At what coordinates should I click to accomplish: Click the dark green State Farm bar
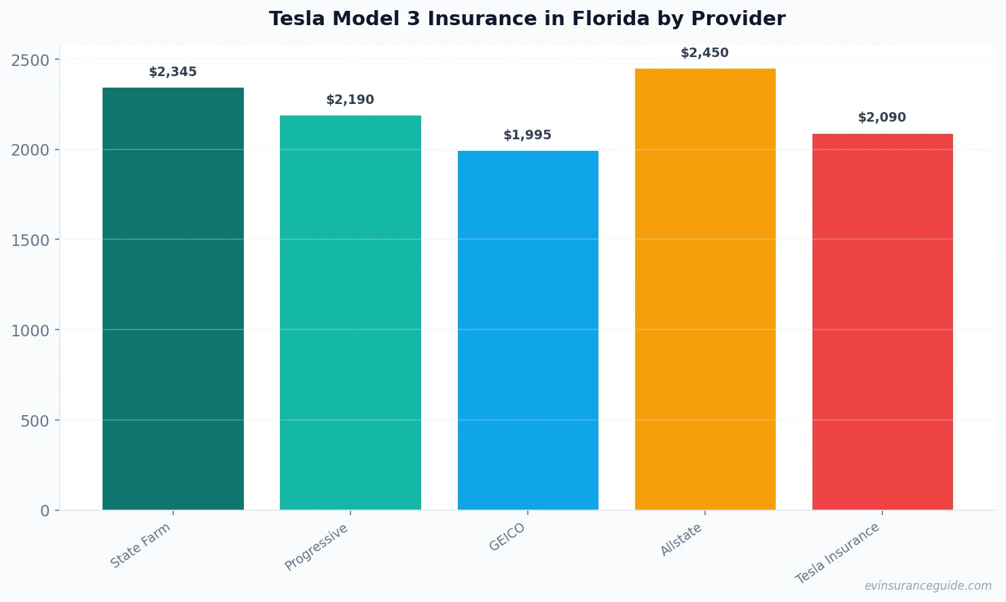pos(173,299)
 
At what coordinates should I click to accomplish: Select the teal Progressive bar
pos(350,313)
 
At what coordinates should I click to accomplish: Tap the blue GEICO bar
pos(528,330)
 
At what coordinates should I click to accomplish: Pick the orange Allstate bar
pos(705,289)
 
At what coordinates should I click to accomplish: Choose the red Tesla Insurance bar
pos(882,321)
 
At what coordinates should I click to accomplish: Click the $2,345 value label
pos(173,72)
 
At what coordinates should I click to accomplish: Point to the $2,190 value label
pos(350,100)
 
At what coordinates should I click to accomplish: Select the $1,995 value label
pos(527,135)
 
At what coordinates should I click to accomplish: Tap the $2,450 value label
pos(704,53)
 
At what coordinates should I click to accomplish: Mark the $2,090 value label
pos(882,118)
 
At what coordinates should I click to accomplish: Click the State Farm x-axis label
pos(141,546)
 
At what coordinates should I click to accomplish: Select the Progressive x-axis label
pos(317,547)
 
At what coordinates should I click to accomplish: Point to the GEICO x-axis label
pos(507,537)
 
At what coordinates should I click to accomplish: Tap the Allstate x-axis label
pos(681,539)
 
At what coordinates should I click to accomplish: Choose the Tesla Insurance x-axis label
pos(838,553)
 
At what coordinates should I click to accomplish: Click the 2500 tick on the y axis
pos(31,60)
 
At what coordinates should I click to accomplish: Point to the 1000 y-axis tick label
pos(31,331)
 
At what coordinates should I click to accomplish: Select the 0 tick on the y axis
pos(45,511)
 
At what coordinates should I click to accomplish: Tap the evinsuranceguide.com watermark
pos(928,586)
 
